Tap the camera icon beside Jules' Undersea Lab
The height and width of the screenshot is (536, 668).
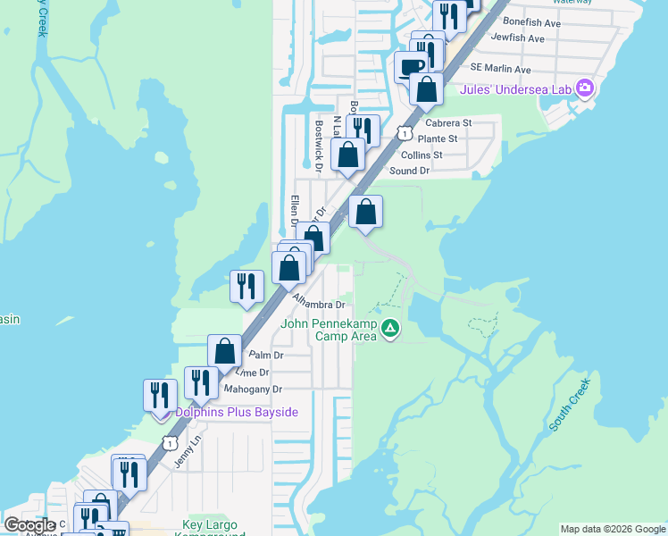point(585,88)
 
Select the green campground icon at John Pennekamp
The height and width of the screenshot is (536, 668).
point(389,330)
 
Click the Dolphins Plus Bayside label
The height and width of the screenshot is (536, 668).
point(236,412)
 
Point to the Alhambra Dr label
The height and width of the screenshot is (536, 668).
point(319,305)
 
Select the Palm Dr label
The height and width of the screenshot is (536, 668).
point(266,355)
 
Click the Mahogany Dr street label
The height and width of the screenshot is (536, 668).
point(252,389)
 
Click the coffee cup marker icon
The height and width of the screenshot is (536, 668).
point(412,67)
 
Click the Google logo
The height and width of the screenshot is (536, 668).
point(30,525)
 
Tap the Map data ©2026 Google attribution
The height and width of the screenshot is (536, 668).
point(612,529)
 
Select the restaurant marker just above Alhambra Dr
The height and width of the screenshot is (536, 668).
point(247,286)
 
